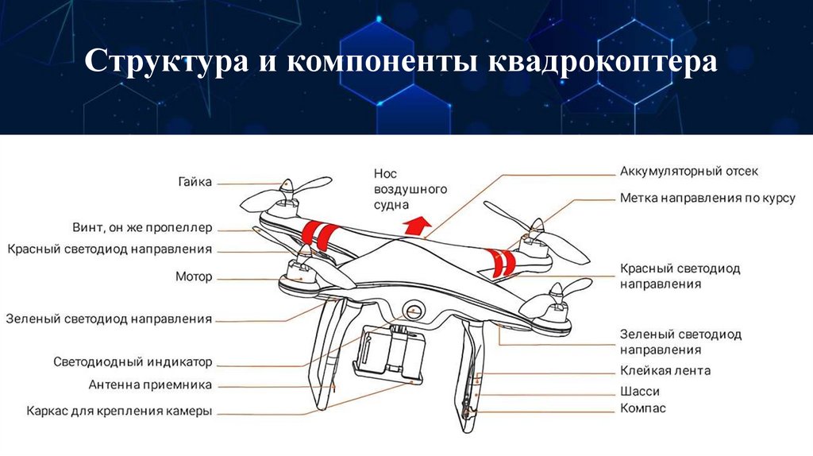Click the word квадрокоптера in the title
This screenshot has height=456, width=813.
point(603,62)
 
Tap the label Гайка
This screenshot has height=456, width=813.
point(195,182)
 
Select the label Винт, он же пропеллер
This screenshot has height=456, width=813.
point(142,228)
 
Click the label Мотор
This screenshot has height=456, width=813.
point(194,276)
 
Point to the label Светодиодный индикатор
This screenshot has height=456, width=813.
point(133,362)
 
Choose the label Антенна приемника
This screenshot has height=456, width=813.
point(150,385)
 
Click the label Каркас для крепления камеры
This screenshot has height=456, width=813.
point(119,412)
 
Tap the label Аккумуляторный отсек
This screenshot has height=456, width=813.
point(689,171)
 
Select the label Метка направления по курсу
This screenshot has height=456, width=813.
point(707,198)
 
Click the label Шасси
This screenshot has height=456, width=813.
point(640,391)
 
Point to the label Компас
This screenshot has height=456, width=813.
point(643,408)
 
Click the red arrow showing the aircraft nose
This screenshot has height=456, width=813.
point(417,226)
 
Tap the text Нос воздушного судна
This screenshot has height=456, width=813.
point(410,189)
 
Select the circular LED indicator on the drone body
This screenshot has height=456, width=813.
point(413,311)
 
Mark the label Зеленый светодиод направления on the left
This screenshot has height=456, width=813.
point(109,319)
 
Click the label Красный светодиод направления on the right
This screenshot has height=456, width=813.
point(680,276)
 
